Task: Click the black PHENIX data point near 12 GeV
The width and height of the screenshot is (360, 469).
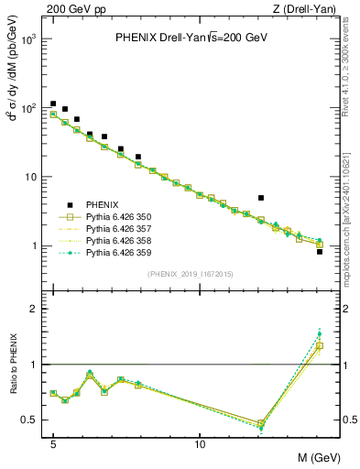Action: tap(261, 198)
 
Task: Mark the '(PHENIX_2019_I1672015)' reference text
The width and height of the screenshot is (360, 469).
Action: tap(191, 274)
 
